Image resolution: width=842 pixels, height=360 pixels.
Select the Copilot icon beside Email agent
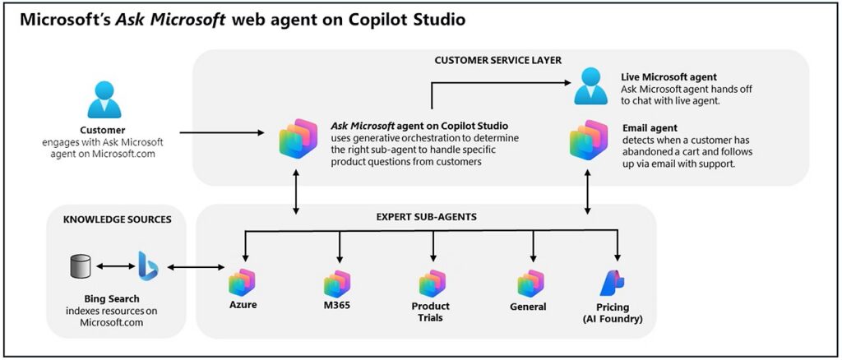pyautogui.click(x=589, y=139)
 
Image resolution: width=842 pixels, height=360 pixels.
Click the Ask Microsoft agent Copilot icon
pyautogui.click(x=297, y=137)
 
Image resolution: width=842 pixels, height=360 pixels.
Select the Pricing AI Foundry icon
pyautogui.click(x=617, y=282)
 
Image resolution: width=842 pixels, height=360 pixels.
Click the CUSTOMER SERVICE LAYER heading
pyautogui.click(x=499, y=61)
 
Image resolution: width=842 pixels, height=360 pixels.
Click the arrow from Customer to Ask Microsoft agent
pyautogui.click(x=222, y=132)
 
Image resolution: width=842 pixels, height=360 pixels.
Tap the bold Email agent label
pyautogui.click(x=650, y=127)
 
